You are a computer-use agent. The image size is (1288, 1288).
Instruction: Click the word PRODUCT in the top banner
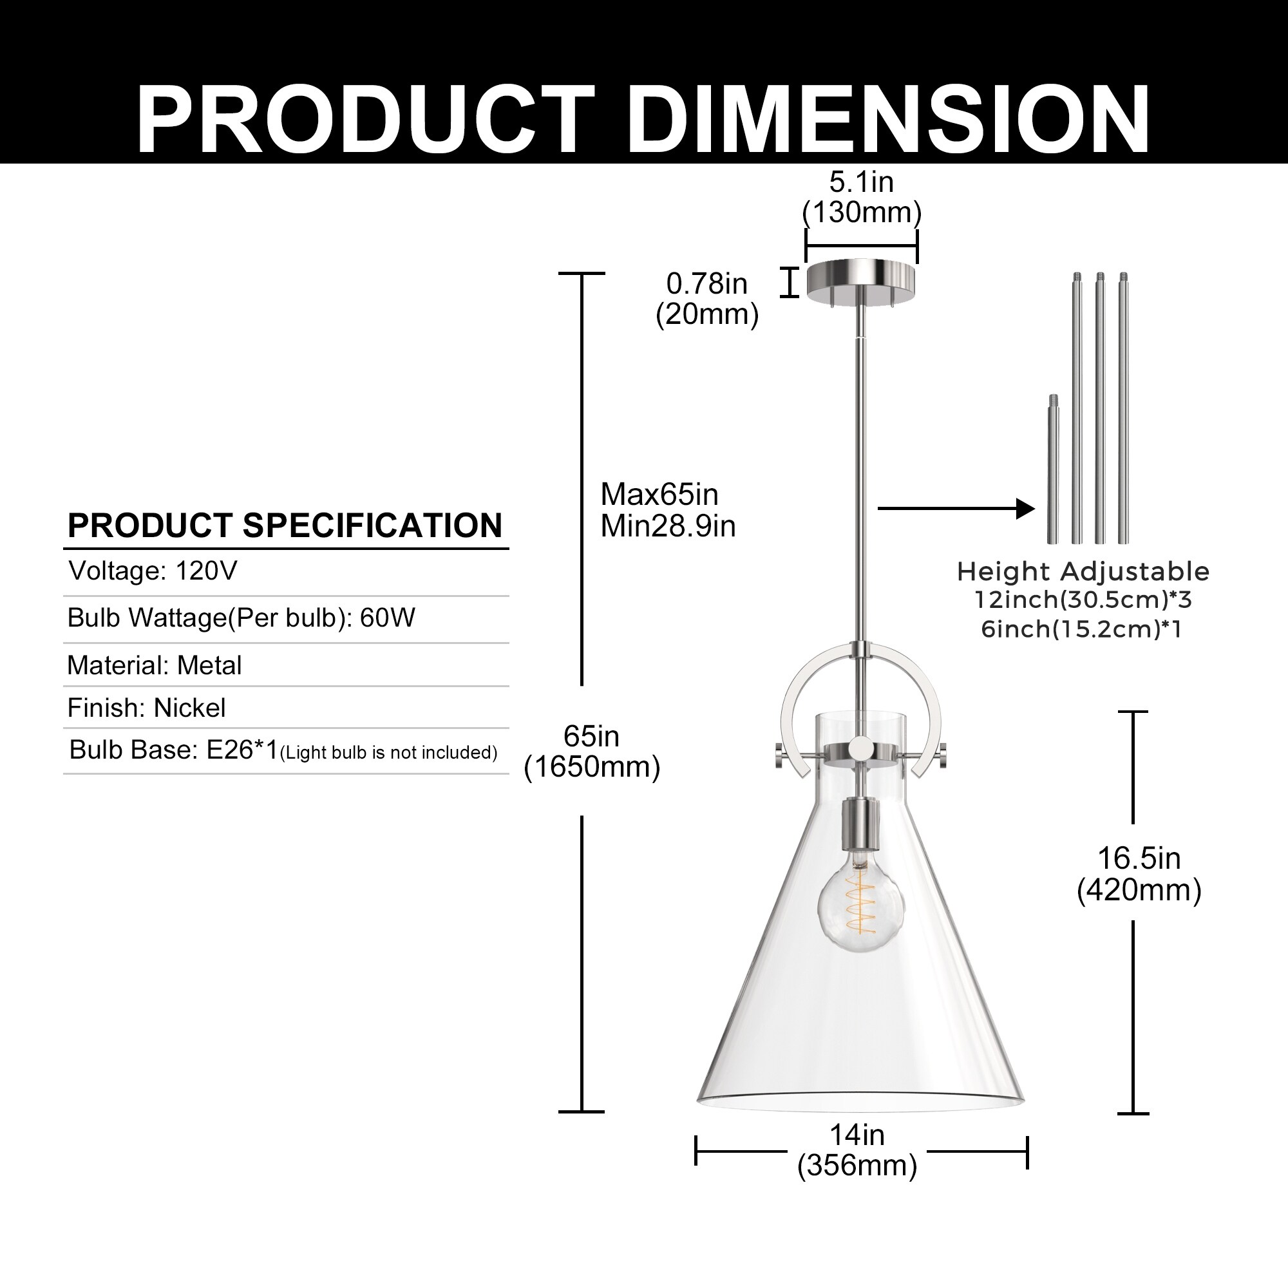pyautogui.click(x=366, y=120)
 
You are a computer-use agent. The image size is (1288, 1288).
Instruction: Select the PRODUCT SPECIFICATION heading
pyautogui.click(x=285, y=526)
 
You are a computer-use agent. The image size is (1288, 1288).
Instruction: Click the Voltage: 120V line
pyautogui.click(x=153, y=571)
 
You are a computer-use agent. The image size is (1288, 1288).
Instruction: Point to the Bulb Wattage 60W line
pyautogui.click(x=241, y=618)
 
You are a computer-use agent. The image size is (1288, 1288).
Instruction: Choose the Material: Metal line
pyautogui.click(x=154, y=665)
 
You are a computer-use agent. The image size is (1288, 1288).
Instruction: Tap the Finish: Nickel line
pyautogui.click(x=147, y=708)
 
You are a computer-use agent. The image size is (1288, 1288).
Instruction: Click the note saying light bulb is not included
pyautogui.click(x=389, y=753)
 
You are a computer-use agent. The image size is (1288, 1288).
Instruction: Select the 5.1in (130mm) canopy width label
pyautogui.click(x=861, y=197)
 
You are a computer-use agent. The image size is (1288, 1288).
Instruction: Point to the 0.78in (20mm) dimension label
pyautogui.click(x=707, y=299)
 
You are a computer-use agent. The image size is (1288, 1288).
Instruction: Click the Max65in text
pyautogui.click(x=659, y=495)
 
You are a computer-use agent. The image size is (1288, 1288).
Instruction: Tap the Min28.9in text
pyautogui.click(x=668, y=527)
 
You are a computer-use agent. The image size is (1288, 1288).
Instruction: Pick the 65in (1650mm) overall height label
pyautogui.click(x=592, y=752)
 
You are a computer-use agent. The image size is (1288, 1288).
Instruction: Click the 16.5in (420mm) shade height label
pyautogui.click(x=1139, y=874)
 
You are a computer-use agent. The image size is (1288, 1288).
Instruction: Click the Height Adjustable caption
pyautogui.click(x=1083, y=572)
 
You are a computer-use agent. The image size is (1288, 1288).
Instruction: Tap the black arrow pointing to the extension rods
pyautogui.click(x=957, y=509)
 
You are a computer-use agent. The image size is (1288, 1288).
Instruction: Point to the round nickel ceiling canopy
pyautogui.click(x=861, y=280)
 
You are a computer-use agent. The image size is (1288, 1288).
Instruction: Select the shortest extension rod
pyautogui.click(x=1053, y=469)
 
